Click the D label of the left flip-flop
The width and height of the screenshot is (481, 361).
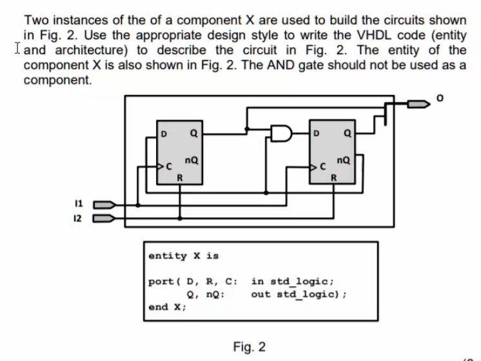164,134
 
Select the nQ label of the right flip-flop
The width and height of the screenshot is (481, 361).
344,159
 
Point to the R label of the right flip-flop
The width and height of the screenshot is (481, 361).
334,177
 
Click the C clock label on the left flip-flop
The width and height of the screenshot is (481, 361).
170,166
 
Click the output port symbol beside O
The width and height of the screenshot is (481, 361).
417,102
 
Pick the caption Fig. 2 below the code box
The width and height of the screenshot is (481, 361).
249,347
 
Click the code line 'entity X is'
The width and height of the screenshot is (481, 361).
184,255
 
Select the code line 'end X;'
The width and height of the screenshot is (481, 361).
166,307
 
